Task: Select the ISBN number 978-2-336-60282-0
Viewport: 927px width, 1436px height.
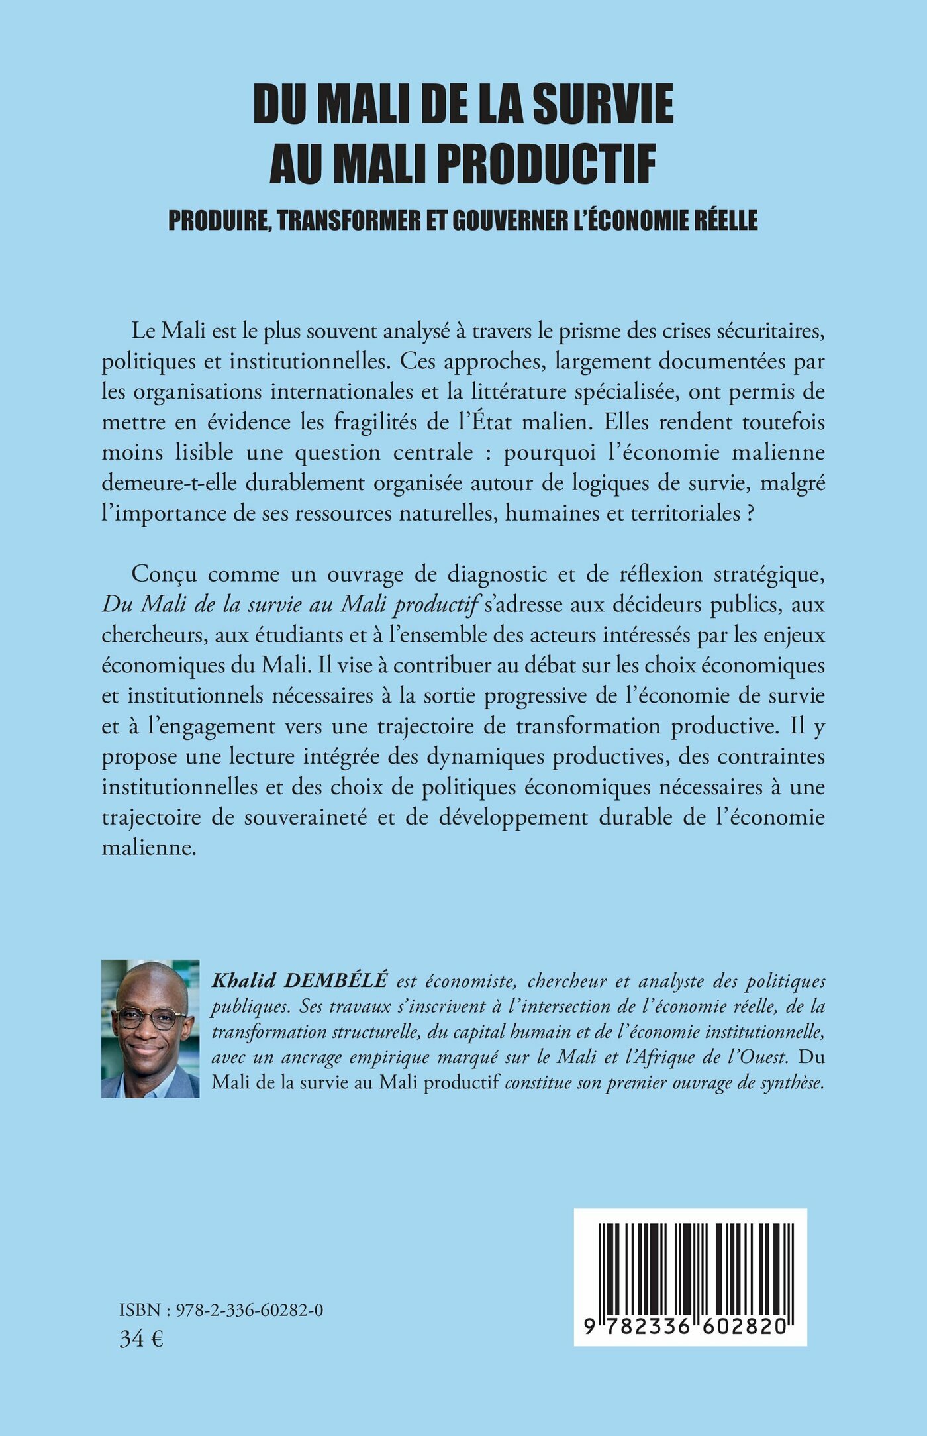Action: [247, 1310]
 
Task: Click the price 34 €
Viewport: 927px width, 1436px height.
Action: [141, 1339]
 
